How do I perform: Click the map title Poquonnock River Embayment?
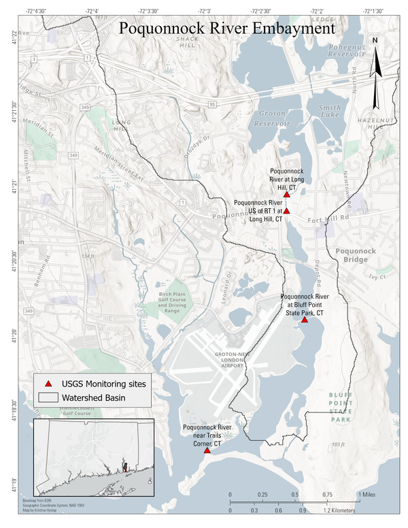[x=226, y=29]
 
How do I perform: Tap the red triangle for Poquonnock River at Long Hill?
[x=287, y=195]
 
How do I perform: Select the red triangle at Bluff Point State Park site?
[x=305, y=320]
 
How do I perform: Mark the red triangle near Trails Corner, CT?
[x=207, y=450]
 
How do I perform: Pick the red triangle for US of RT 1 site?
[x=287, y=211]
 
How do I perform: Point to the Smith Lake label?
[x=329, y=112]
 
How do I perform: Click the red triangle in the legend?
[x=48, y=384]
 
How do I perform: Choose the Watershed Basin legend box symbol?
[x=48, y=397]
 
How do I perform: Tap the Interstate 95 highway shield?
[x=212, y=104]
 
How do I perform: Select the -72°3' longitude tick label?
[x=204, y=12]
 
